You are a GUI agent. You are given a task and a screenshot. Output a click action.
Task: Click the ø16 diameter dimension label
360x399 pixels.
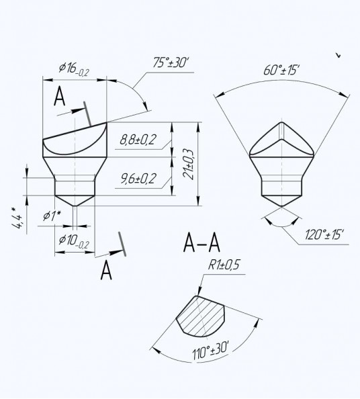(x=74, y=69)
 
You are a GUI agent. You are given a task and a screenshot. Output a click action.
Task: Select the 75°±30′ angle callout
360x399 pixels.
(x=171, y=62)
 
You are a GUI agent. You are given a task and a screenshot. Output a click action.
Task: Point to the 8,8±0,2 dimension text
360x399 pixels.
(x=138, y=140)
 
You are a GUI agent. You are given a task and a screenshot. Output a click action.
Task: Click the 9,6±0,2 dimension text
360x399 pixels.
(x=138, y=179)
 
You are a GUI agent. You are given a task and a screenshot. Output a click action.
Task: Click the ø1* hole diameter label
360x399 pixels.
(x=52, y=216)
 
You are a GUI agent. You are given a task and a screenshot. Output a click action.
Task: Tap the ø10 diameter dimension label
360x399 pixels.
(x=74, y=241)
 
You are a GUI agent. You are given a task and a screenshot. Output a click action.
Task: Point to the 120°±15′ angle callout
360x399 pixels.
(x=324, y=234)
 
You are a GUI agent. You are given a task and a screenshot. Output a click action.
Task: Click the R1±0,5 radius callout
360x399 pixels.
(x=224, y=265)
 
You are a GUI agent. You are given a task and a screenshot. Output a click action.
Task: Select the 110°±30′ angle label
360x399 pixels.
(x=211, y=351)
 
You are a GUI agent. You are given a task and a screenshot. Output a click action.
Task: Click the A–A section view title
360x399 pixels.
(x=201, y=242)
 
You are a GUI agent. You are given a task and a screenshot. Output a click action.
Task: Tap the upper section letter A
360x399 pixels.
(x=60, y=96)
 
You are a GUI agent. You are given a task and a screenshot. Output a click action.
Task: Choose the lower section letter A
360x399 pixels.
(x=106, y=271)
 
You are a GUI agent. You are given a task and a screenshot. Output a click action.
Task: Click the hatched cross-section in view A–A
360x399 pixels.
(x=201, y=316)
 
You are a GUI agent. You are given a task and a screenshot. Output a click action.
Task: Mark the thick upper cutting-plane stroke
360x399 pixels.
(x=87, y=114)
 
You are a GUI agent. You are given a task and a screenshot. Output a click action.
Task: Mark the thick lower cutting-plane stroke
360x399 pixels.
(x=122, y=244)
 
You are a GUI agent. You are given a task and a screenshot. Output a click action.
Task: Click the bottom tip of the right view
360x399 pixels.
(x=282, y=206)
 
